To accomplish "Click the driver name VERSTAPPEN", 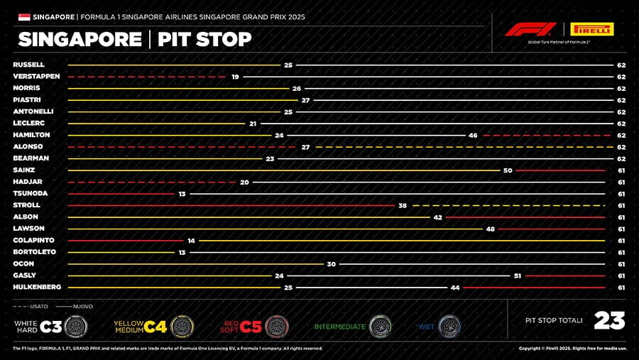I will click(x=36, y=76).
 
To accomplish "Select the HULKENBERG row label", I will click(x=37, y=287).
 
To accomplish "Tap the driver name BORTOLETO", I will click(x=33, y=252).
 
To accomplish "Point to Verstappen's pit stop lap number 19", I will click(x=235, y=76).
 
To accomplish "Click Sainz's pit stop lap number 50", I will click(x=508, y=170).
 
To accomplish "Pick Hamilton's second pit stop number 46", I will click(x=473, y=135).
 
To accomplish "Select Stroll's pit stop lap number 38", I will click(x=403, y=205).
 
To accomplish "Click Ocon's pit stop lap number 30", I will click(x=331, y=263).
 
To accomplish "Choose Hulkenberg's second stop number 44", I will click(x=454, y=287).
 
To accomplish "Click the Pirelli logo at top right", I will click(x=591, y=29).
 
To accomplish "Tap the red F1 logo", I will click(x=530, y=29).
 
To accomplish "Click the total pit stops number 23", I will click(x=609, y=321).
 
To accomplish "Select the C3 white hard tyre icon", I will click(x=76, y=327).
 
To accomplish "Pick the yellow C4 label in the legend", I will click(x=155, y=327).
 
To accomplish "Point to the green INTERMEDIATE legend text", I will click(x=340, y=327).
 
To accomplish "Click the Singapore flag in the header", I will click(x=23, y=16).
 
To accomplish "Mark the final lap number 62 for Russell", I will click(x=621, y=65).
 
